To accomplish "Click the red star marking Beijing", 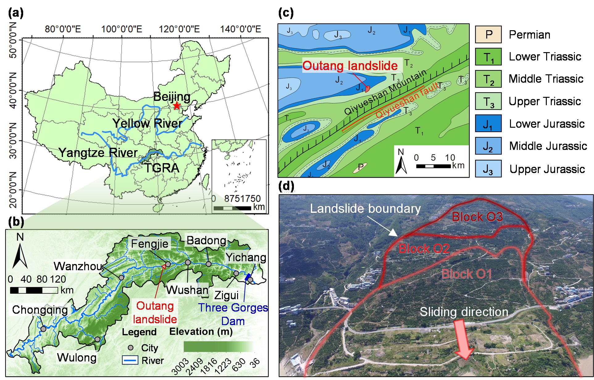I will click(x=177, y=106).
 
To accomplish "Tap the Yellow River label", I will click(x=148, y=123).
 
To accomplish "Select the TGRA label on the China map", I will click(x=162, y=168).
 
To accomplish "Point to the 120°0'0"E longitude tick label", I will click(x=179, y=29).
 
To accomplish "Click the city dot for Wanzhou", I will click(x=121, y=278).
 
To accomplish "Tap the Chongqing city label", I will click(x=40, y=310).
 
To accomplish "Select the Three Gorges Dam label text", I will click(x=233, y=314).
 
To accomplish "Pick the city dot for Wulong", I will click(x=97, y=339).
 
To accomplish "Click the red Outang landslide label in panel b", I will click(x=155, y=312).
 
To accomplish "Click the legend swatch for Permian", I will click(x=488, y=35).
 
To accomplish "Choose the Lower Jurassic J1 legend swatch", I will click(x=488, y=124).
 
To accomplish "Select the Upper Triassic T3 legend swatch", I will click(x=488, y=101).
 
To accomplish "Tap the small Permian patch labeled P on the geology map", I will click(x=360, y=167).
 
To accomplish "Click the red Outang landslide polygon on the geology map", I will click(x=367, y=89).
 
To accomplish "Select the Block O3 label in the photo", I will click(x=477, y=217).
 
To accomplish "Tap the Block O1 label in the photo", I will click(x=466, y=274).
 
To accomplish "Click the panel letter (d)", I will click(x=286, y=186).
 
